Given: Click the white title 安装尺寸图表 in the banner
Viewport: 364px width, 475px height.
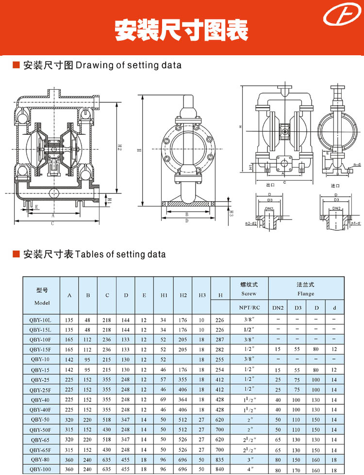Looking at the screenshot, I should [x=182, y=31].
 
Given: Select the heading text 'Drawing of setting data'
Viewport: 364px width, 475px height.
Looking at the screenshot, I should [x=129, y=65].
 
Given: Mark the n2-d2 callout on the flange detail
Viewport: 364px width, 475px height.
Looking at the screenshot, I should [x=250, y=223].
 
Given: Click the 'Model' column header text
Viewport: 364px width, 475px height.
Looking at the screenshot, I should [x=42, y=302].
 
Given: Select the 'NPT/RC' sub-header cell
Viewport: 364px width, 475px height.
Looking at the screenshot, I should [x=249, y=307].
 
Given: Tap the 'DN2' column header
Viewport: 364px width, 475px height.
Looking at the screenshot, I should [x=278, y=307].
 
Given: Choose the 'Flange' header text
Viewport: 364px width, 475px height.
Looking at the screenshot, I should [x=306, y=294].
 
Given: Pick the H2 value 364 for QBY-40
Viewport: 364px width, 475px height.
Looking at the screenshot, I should [x=183, y=399].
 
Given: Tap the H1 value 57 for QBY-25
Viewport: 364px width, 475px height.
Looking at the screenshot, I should [x=164, y=380].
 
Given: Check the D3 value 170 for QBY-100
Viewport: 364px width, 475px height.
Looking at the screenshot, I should [x=297, y=469].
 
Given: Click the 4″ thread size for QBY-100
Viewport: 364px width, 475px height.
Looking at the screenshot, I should [x=249, y=469].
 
